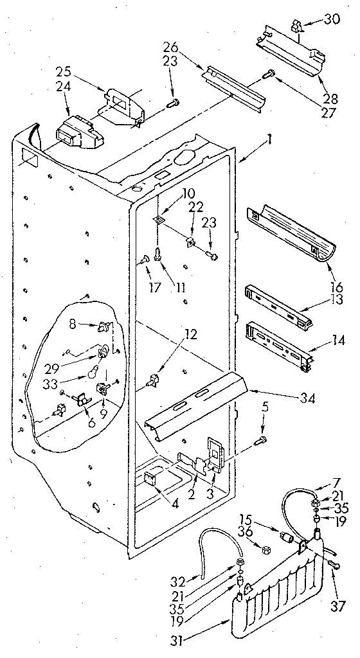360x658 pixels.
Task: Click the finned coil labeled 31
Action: coord(283,594)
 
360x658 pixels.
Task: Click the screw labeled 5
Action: coord(261,440)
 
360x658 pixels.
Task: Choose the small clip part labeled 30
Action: coord(296,26)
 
